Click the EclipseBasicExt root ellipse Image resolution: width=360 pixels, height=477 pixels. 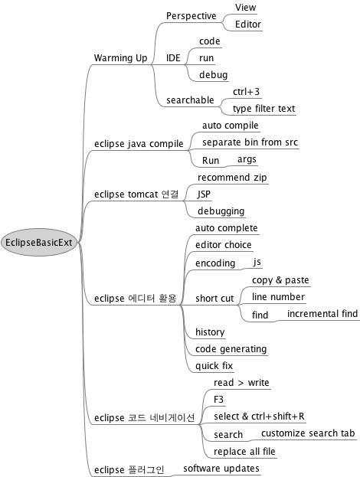(39, 243)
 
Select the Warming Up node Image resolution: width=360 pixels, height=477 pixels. (120, 57)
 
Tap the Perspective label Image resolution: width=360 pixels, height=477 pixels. (191, 16)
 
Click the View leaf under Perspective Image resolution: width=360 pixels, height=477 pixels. (245, 8)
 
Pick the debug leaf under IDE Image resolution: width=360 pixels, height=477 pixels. (214, 75)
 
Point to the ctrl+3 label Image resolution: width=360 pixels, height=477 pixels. (246, 92)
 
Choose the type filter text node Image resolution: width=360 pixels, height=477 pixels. (263, 109)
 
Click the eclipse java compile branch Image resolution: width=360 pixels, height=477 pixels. (139, 144)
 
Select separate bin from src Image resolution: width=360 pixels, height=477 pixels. (250, 142)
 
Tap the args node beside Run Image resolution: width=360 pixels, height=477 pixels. (247, 159)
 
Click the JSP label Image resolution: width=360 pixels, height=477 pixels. (204, 194)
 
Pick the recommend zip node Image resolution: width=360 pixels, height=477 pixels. (232, 178)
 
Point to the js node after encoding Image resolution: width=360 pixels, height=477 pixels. (257, 262)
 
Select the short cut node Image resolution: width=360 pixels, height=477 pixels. (214, 299)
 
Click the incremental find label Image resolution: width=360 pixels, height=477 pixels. (322, 314)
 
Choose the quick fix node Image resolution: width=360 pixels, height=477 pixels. (214, 366)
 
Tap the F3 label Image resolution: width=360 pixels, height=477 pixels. (218, 399)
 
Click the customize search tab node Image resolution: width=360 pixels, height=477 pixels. (308, 433)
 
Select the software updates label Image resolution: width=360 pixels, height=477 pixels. (221, 469)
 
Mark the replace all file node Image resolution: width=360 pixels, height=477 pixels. (244, 452)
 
